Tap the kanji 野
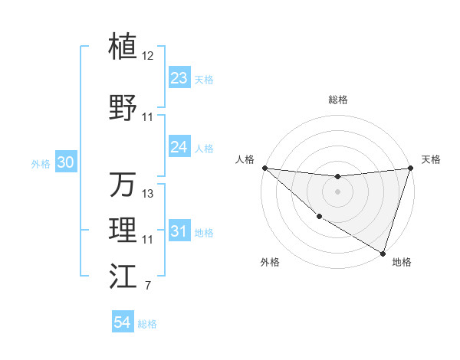click(123, 106)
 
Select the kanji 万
click(123, 184)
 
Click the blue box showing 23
click(179, 78)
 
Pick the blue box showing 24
click(179, 147)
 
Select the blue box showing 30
click(65, 163)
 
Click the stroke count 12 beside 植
click(148, 56)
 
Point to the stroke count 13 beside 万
click(148, 194)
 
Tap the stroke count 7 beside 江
click(147, 286)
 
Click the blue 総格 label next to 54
click(147, 324)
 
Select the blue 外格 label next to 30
click(41, 164)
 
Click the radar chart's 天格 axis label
click(432, 159)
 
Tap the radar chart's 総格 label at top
click(338, 100)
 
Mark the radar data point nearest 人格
click(264, 167)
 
